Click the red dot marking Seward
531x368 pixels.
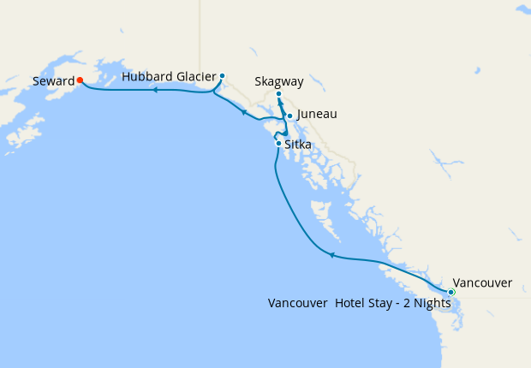pos(79,80)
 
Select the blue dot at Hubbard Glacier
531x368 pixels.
pos(222,75)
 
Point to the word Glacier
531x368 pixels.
pos(196,76)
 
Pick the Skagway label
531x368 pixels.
pos(279,82)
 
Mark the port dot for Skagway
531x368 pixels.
pos(278,94)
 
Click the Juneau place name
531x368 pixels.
pos(317,114)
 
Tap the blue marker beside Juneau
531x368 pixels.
pos(289,116)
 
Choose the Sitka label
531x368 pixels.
pos(297,145)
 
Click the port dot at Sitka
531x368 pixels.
pos(278,143)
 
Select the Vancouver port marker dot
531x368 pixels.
pos(451,293)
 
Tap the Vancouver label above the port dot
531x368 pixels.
pos(482,282)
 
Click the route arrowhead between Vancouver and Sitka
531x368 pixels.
pos(331,254)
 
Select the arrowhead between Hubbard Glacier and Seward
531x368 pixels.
pos(156,89)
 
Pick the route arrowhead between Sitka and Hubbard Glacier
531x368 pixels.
pos(244,111)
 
